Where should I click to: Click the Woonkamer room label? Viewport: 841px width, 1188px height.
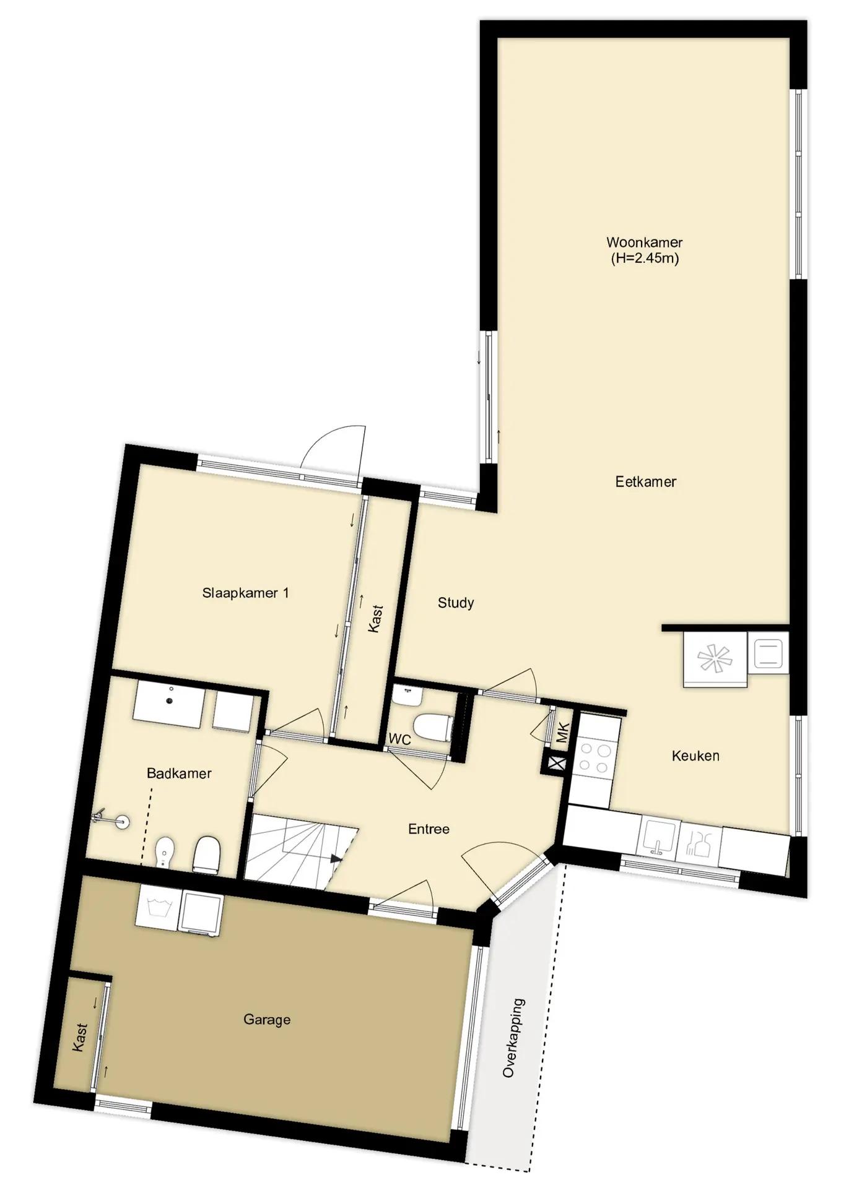point(644,243)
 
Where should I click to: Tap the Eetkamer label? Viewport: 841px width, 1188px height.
point(645,481)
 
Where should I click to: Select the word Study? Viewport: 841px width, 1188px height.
point(456,603)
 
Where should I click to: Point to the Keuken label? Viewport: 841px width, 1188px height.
point(695,755)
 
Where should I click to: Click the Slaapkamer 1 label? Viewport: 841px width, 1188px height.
point(245,593)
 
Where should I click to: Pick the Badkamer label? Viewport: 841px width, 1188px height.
point(179,773)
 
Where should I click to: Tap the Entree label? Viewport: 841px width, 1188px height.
point(429,829)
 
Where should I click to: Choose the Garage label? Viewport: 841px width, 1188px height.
point(266,1020)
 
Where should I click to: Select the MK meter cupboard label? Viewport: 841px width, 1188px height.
point(562,733)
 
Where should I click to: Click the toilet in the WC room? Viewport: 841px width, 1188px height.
point(433,728)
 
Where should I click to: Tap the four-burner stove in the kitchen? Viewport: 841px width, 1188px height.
point(595,759)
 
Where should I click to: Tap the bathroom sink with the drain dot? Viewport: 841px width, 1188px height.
point(168,704)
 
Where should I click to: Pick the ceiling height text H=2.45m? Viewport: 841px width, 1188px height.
point(644,259)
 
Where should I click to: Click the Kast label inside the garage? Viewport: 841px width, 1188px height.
point(81,1038)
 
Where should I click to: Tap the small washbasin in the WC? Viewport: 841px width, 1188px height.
point(408,697)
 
